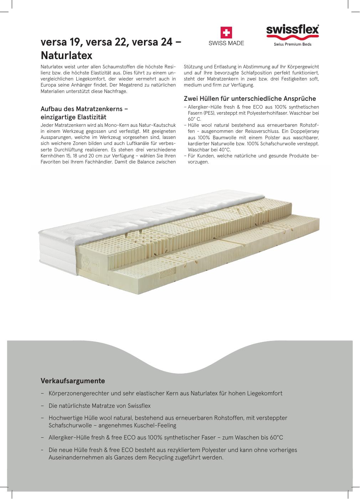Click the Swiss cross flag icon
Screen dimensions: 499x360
226,33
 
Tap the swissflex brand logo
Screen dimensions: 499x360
292,30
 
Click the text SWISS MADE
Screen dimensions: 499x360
226,43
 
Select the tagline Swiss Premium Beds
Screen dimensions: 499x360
292,45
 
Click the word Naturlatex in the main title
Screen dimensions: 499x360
67,56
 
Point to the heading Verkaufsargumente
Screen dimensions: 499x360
73,381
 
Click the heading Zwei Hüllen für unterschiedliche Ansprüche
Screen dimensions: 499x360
250,99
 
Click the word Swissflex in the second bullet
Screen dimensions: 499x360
139,406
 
